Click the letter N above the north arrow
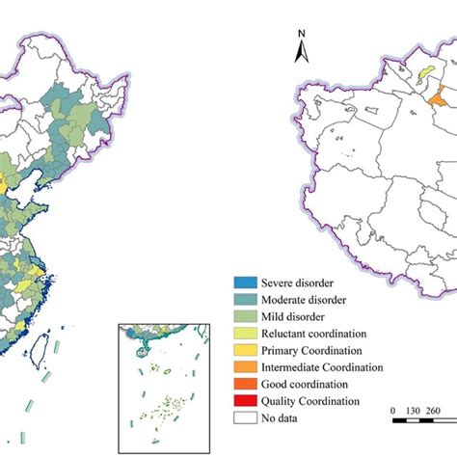point(301,36)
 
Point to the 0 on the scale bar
point(392,411)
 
